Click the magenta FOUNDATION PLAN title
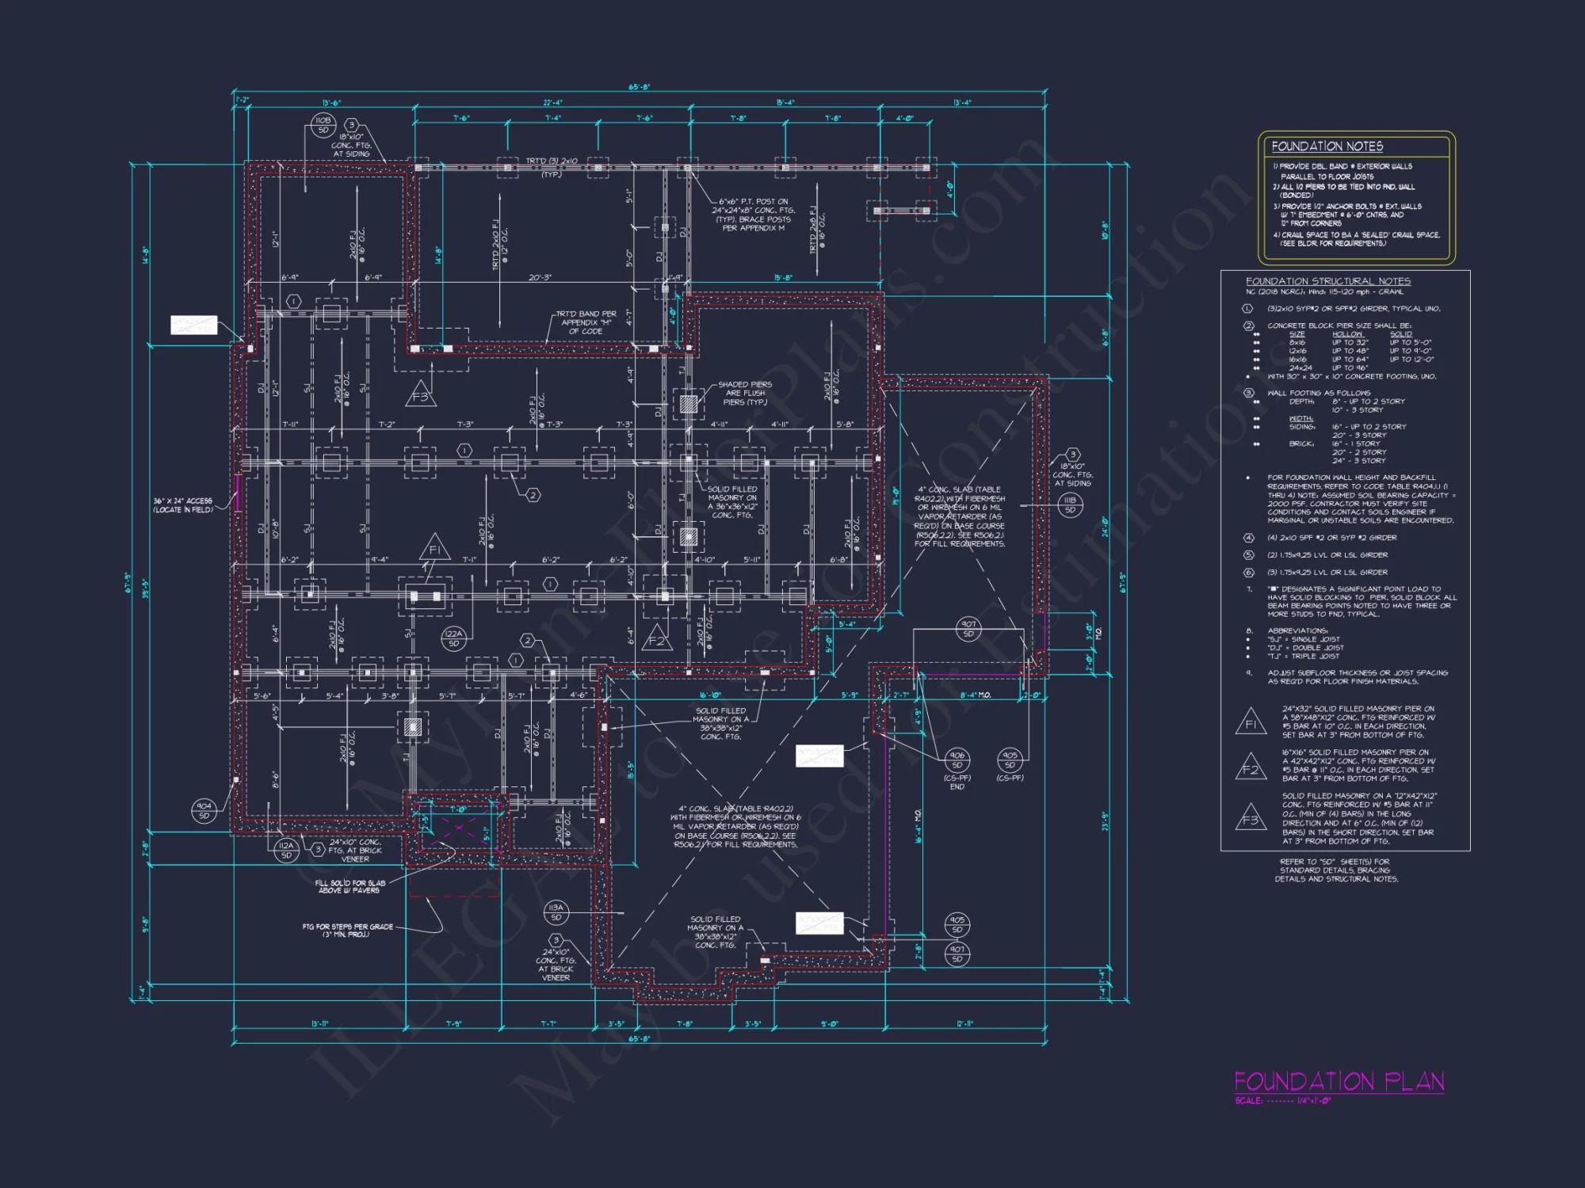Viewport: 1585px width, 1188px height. (x=1339, y=1081)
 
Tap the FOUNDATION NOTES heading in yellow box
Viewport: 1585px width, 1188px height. (x=1327, y=147)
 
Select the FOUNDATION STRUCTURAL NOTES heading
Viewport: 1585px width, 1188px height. (x=1327, y=281)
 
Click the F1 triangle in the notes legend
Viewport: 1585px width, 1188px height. (x=1251, y=722)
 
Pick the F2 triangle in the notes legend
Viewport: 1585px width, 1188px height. (x=1251, y=767)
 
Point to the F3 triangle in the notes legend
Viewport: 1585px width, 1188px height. (x=1251, y=817)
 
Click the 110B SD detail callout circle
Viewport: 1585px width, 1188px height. (x=323, y=125)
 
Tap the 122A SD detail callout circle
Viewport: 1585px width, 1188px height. (x=453, y=638)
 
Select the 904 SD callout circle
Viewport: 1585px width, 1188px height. (x=204, y=810)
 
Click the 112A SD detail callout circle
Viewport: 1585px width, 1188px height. (x=286, y=850)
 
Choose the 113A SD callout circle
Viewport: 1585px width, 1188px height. (x=556, y=912)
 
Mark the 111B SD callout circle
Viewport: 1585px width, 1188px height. (x=1070, y=505)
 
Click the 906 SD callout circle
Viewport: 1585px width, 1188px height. (x=957, y=760)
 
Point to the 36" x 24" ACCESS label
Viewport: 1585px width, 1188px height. (x=183, y=505)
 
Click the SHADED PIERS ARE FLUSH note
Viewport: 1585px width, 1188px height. (x=744, y=393)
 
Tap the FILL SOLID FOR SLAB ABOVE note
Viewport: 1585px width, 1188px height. (x=349, y=886)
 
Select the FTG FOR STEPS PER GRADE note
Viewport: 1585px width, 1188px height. (x=347, y=930)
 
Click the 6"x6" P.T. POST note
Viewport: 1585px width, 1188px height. (x=754, y=215)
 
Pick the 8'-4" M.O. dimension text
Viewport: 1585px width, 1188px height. (x=975, y=695)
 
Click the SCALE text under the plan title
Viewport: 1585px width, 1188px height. (x=1282, y=1101)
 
